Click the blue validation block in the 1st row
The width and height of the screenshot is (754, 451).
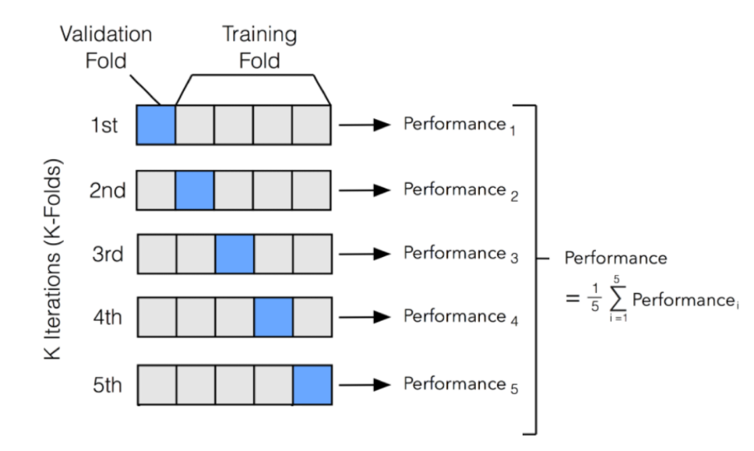pos(157,125)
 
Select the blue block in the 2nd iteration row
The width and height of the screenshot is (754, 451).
pos(196,190)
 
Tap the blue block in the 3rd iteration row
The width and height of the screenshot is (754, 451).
pos(234,255)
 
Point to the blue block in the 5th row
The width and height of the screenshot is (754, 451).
pos(312,384)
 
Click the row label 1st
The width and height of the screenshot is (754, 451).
pos(104,125)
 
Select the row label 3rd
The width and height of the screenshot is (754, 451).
pos(104,255)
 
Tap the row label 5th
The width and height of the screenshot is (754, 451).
pos(104,384)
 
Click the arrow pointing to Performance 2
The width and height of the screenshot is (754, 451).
pos(368,190)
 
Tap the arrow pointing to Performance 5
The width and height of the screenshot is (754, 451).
pos(368,384)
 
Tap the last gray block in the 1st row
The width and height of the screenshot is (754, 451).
pos(312,125)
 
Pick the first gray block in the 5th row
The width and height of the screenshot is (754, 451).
pos(157,384)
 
